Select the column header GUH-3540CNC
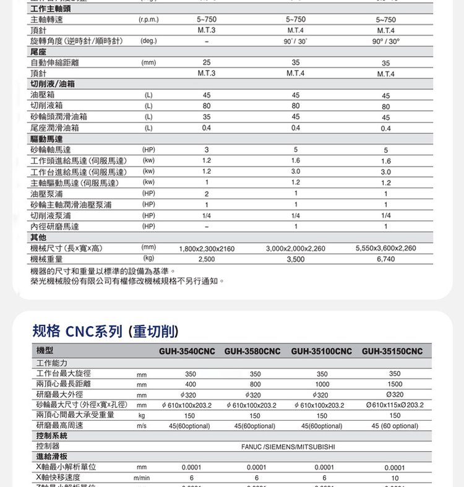click(186, 351)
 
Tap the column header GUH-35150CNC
click(392, 351)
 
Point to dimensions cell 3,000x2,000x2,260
click(295, 249)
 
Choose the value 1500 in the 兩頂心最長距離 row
click(395, 384)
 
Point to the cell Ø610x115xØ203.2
click(395, 405)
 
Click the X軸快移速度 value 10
click(395, 478)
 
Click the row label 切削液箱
click(46, 106)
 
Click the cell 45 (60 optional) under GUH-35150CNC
click(395, 426)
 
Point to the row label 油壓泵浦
click(46, 194)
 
